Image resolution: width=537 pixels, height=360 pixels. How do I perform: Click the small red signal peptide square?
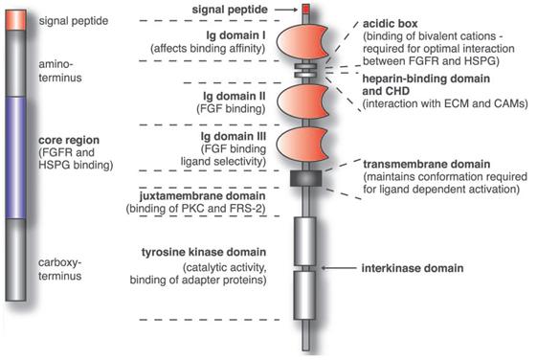point(305,9)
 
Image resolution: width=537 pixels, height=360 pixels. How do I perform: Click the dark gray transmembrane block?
point(304,178)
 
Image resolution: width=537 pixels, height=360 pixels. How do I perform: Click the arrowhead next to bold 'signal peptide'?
point(293,8)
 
